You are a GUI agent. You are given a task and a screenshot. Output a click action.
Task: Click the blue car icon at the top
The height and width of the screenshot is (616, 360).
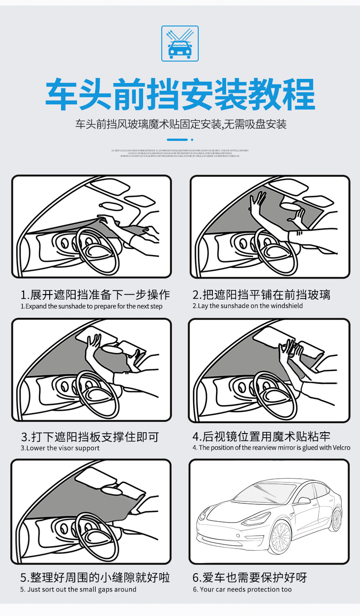coord(180,44)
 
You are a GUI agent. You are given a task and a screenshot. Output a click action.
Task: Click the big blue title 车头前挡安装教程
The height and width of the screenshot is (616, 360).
coord(180,94)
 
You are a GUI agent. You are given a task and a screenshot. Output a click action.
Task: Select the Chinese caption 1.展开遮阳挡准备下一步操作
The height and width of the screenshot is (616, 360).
coord(95,294)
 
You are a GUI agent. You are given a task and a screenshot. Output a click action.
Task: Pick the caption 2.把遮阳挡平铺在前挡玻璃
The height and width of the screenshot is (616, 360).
coord(261,294)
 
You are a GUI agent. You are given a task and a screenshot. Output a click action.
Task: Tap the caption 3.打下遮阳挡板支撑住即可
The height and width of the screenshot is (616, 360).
coord(90,436)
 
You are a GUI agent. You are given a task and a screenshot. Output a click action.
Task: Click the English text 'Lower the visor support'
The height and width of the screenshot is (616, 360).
coord(60,448)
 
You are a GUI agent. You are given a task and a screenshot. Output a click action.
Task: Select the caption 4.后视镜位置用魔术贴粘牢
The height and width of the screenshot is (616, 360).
coord(261,436)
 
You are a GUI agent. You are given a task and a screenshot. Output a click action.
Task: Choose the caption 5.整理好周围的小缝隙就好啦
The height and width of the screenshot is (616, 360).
coord(95,578)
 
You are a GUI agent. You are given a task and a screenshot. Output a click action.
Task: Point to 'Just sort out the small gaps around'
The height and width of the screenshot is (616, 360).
coord(78,590)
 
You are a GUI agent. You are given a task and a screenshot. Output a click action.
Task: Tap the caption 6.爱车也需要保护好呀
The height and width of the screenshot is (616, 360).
coord(250,578)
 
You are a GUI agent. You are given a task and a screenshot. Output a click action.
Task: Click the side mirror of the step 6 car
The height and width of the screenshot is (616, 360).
coord(303,500)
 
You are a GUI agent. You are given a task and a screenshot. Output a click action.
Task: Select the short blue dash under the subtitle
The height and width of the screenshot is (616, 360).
coord(178,140)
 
